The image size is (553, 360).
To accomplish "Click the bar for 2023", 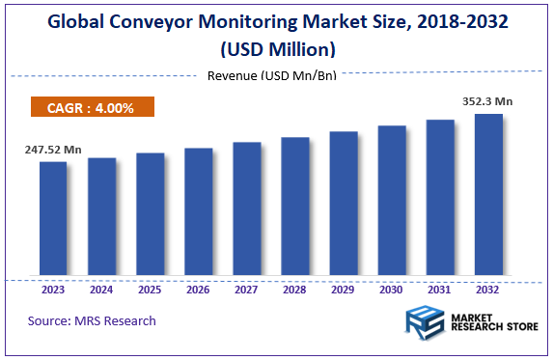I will [x=53, y=217].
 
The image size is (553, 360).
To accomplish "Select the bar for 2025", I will [x=150, y=213].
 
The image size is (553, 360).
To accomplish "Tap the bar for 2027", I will [x=247, y=208].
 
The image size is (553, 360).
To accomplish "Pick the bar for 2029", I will [x=344, y=203].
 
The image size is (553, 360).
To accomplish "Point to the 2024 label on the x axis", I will [x=101, y=288].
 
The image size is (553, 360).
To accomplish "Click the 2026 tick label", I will [x=198, y=288].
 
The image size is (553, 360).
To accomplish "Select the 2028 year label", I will [x=295, y=288].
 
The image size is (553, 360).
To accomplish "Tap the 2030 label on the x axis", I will [x=392, y=288].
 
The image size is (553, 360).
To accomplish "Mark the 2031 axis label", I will [x=440, y=288].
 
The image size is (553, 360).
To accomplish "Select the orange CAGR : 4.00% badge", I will [x=93, y=108].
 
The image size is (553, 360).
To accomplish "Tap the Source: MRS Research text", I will [x=92, y=320].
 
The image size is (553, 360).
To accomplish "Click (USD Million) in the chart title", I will [x=277, y=47].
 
